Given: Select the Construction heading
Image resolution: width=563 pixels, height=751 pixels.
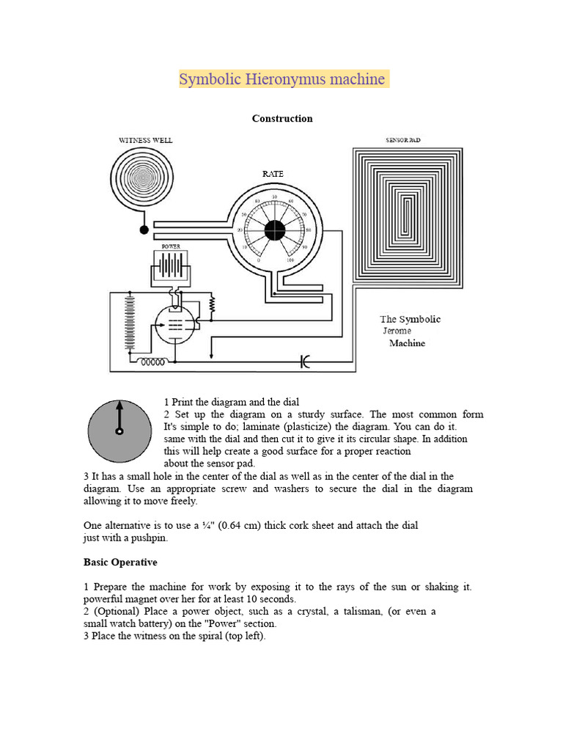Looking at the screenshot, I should (282, 118).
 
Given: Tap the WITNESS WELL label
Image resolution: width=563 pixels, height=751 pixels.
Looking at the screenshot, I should (147, 139).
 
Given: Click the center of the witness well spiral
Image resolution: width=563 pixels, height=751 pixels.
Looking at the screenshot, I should (144, 177).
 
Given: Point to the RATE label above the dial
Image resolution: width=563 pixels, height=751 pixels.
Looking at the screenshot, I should (273, 173).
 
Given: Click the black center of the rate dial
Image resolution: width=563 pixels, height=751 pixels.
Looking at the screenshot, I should (274, 229).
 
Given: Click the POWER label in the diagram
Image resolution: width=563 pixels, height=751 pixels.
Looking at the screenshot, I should (171, 247).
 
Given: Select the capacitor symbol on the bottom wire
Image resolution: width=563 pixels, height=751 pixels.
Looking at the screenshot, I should (305, 361).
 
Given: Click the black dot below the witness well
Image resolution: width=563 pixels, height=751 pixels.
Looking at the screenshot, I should (144, 230).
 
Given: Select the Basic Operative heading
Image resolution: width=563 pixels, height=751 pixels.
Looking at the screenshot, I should (120, 563).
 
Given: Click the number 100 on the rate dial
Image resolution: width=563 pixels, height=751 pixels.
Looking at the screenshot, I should (290, 260).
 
